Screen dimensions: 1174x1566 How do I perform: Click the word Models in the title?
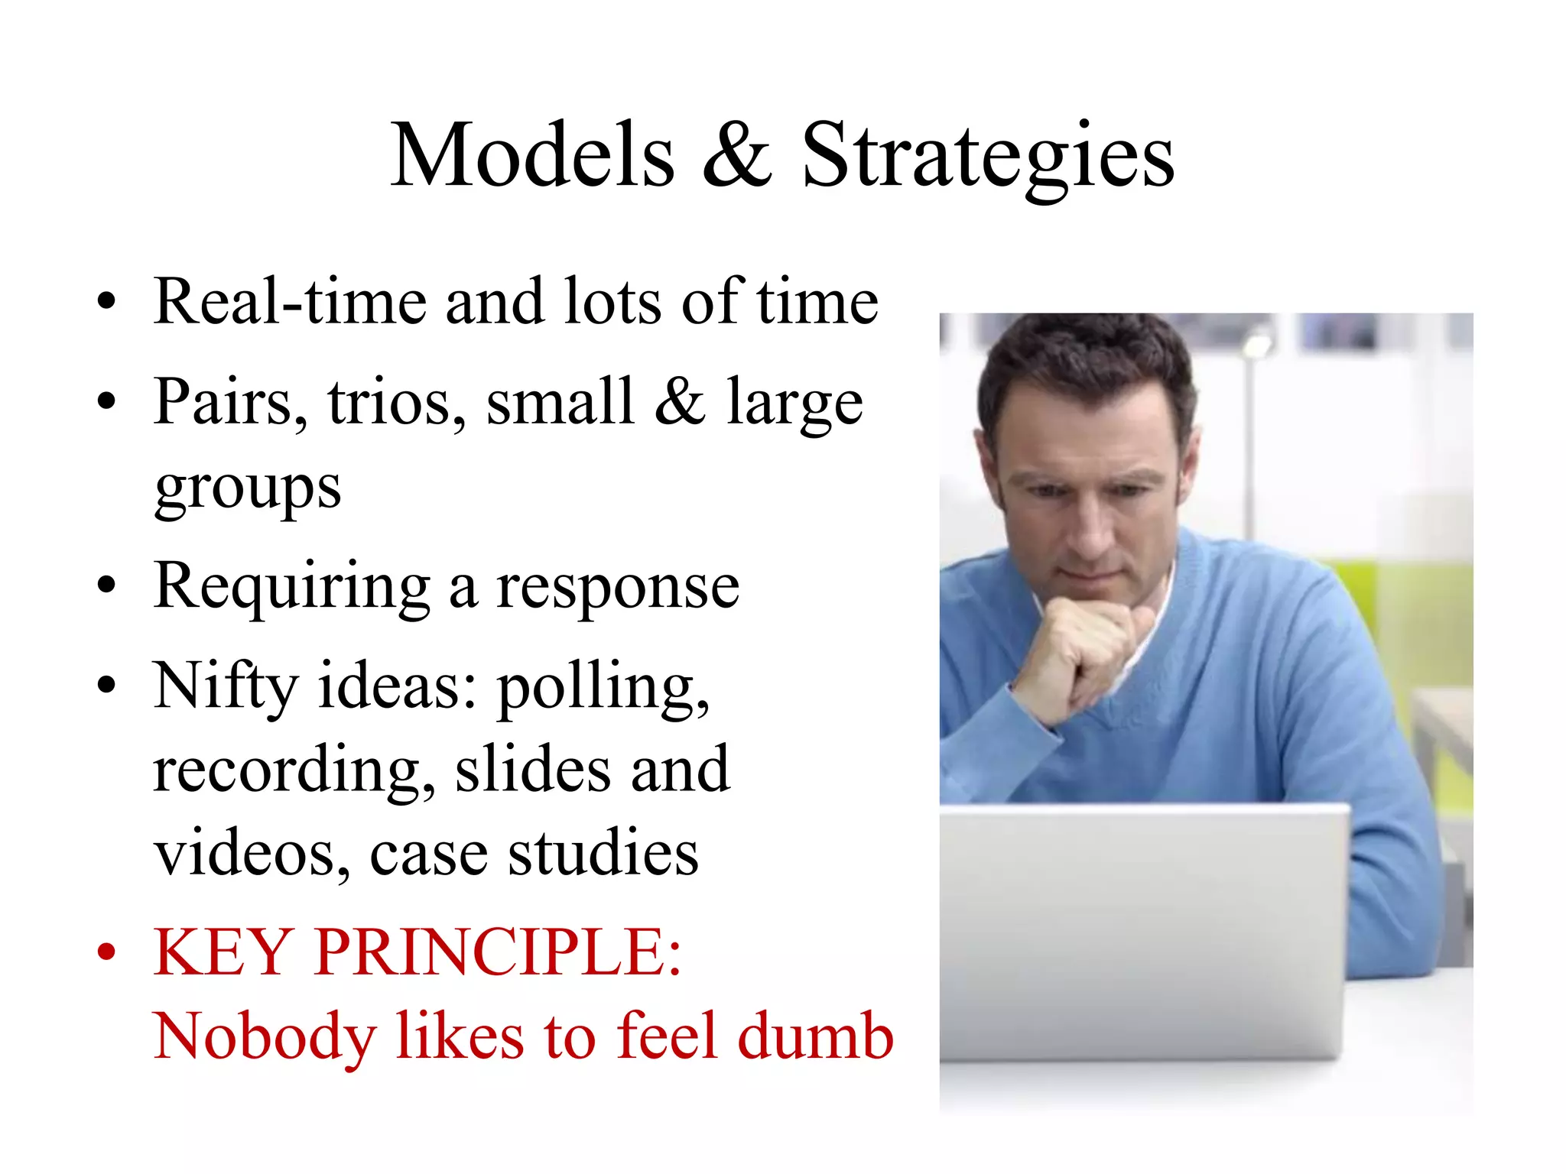[x=533, y=155]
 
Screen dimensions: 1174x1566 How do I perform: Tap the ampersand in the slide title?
[x=737, y=155]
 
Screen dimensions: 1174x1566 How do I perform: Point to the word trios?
[x=396, y=403]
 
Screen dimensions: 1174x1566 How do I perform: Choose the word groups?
[x=248, y=489]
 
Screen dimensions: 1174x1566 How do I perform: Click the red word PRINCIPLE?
[x=497, y=952]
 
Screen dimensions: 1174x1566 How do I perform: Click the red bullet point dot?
[x=107, y=952]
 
